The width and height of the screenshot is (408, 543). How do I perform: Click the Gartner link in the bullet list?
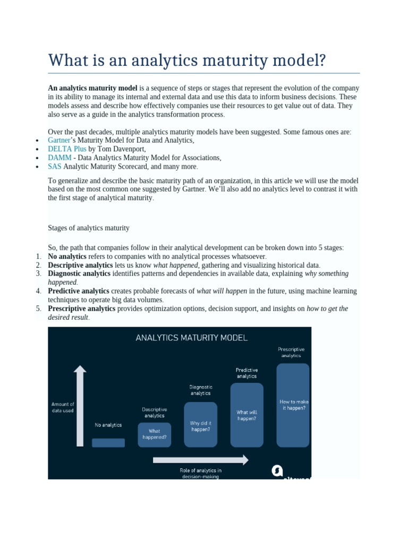[x=59, y=141]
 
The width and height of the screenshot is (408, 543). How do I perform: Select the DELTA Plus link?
[x=67, y=149]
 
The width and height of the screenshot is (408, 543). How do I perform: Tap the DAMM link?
[x=58, y=157]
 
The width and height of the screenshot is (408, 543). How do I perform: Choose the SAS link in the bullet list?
[x=55, y=167]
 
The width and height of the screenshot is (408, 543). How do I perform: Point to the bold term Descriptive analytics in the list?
[x=80, y=265]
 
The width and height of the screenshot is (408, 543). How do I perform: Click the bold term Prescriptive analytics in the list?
[x=81, y=309]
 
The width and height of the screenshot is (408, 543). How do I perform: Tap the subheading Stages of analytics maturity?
[x=89, y=228]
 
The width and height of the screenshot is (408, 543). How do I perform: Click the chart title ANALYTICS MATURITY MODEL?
[x=192, y=337]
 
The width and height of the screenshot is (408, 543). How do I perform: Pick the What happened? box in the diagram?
[x=155, y=434]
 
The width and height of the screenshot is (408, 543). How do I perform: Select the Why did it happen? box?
[x=200, y=424]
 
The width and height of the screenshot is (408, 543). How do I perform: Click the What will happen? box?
[x=246, y=415]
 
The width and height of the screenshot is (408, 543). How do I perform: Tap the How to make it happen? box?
[x=293, y=405]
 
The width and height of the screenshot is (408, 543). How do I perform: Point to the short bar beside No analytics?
[x=108, y=443]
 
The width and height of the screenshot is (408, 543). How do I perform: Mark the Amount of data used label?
[x=63, y=407]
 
